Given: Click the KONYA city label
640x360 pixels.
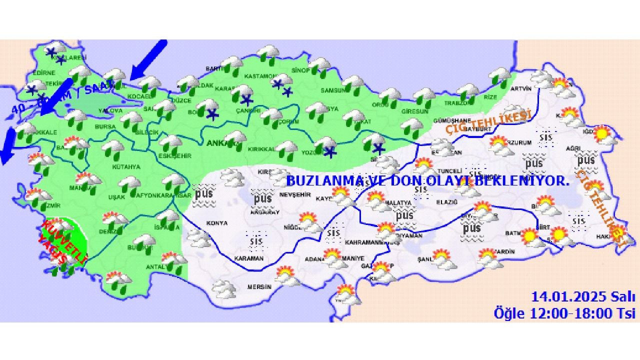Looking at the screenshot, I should pyautogui.click(x=216, y=223).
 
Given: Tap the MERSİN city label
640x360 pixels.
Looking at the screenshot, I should pyautogui.click(x=259, y=287).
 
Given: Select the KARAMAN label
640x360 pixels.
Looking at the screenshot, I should pyautogui.click(x=248, y=258).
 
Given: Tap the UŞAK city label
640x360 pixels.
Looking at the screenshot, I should pyautogui.click(x=116, y=197).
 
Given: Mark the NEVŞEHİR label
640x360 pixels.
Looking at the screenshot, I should pyautogui.click(x=298, y=194).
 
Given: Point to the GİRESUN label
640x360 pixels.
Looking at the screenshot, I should pyautogui.click(x=415, y=111).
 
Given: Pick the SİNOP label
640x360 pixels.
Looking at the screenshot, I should pyautogui.click(x=300, y=70).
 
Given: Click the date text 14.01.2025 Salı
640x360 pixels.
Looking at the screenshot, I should pyautogui.click(x=583, y=297).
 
